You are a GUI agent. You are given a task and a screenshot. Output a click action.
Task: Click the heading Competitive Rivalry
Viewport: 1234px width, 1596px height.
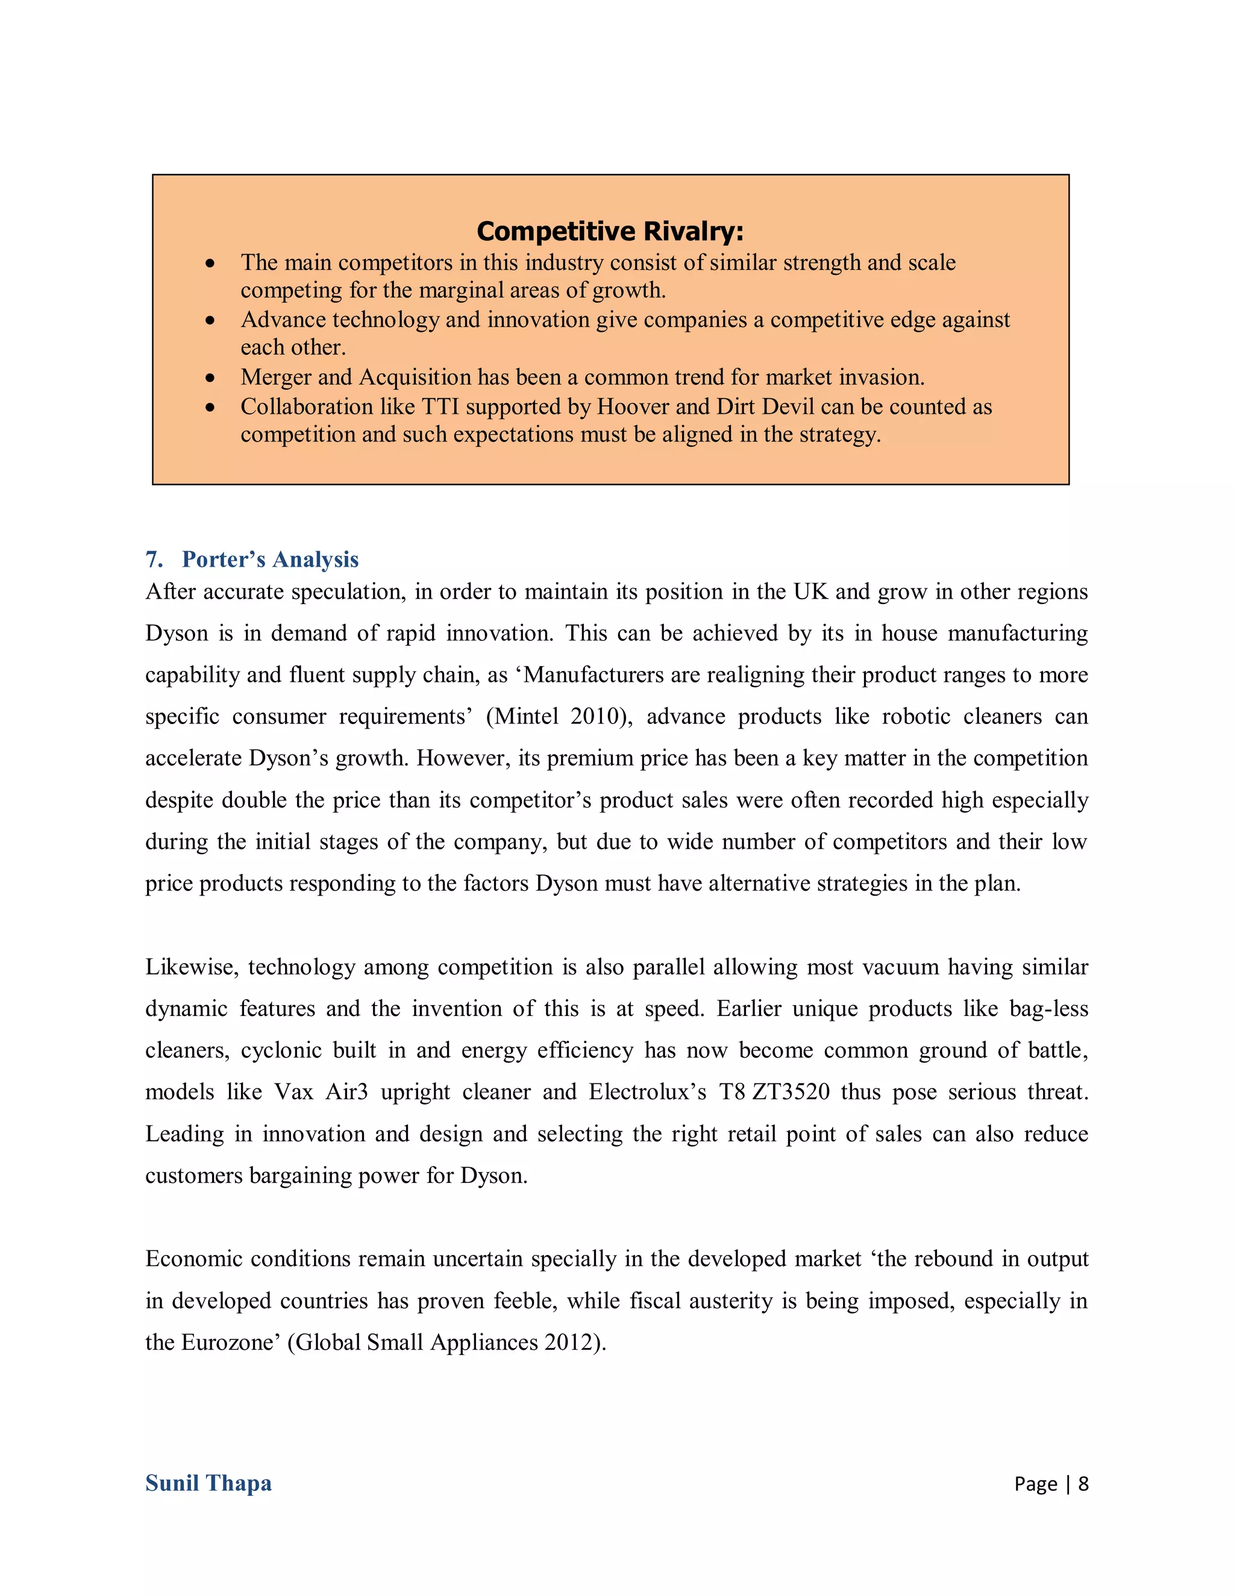610,232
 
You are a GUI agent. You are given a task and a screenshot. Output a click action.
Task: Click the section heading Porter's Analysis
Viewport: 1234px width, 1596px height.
270,560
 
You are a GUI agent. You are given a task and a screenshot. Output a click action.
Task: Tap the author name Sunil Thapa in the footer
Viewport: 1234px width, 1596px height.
208,1483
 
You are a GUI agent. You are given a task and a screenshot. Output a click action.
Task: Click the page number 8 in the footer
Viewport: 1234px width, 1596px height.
1083,1483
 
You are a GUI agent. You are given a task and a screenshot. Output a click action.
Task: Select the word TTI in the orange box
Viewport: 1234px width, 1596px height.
440,407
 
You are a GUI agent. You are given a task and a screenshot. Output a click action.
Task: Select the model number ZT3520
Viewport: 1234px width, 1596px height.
791,1093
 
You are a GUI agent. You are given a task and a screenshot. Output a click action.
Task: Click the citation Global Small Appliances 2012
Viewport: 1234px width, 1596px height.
446,1343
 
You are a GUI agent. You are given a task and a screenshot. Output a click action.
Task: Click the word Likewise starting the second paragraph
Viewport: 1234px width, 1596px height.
191,968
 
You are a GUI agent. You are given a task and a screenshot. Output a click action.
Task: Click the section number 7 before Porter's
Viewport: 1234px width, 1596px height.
153,560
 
